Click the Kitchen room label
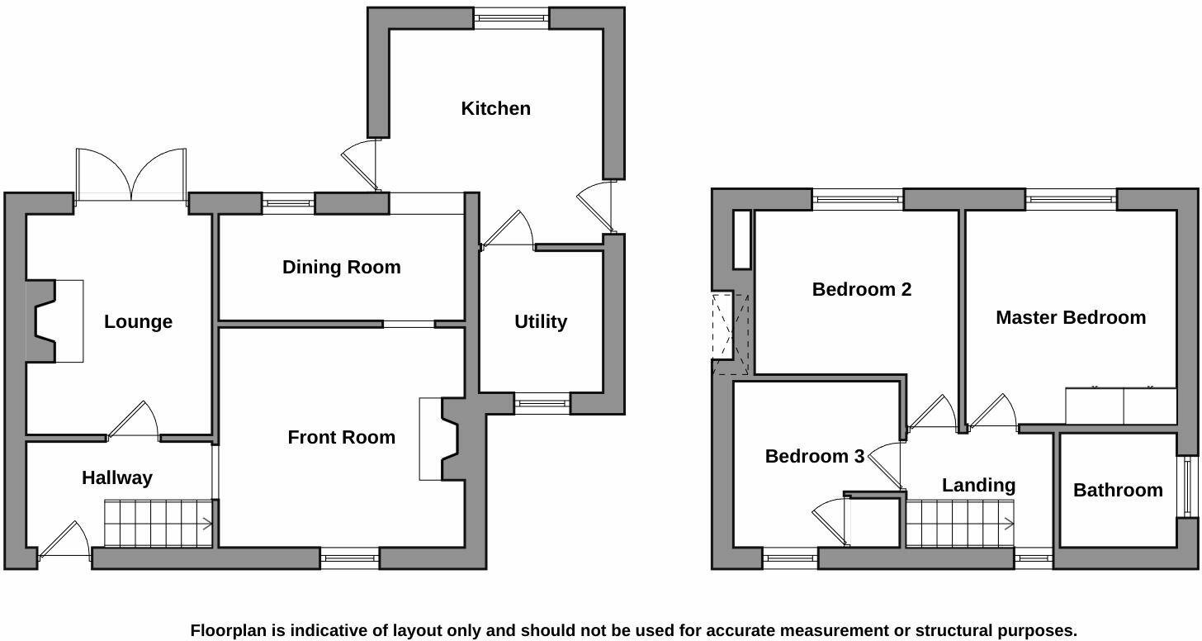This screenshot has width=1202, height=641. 496,108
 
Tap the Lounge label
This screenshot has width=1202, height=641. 139,321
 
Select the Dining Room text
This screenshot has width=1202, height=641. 342,267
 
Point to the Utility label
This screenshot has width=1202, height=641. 541,321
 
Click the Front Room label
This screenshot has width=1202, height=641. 342,437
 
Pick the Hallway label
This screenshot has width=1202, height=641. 117,477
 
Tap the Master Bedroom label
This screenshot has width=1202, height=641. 1071,317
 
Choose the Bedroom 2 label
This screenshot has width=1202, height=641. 862,289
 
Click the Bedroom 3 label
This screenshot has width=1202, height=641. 815,456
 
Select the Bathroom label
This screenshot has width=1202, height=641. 1119,490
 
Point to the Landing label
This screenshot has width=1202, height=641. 979,486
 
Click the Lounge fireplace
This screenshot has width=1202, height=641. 54,321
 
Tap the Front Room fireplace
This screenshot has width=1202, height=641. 440,439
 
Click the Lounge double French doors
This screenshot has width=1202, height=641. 131,177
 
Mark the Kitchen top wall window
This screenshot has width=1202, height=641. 512,19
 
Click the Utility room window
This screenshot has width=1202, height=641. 542,403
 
